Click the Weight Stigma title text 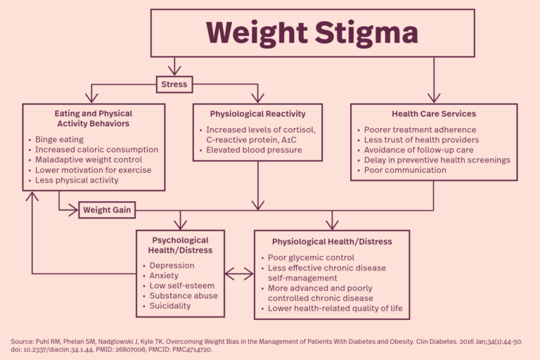tap(311, 32)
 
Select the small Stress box tap(174, 84)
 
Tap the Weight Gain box tap(106, 210)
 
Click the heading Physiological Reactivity tap(257, 114)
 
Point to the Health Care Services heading tap(433, 114)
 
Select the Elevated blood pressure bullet tap(254, 150)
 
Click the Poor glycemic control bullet tap(311, 258)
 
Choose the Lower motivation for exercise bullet tap(93, 169)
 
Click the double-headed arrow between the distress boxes tap(239, 274)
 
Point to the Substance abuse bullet tap(184, 296)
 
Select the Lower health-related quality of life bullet tap(335, 308)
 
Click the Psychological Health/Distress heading tap(180, 245)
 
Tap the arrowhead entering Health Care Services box tap(434, 98)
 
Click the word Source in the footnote tap(22, 341)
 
